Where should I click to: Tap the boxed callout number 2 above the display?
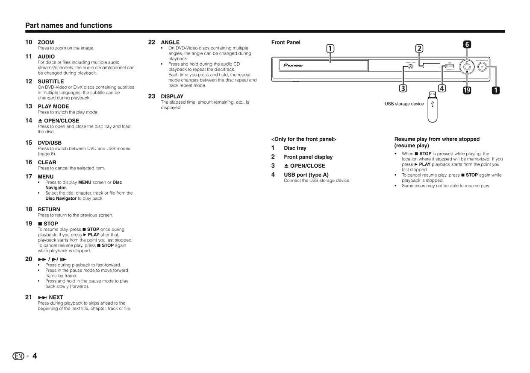tap(419, 49)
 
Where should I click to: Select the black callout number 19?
tap(467, 90)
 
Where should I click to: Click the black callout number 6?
tap(467, 44)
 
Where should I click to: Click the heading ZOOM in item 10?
tap(46, 42)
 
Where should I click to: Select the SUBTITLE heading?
tap(51, 81)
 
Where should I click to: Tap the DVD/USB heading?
tap(50, 143)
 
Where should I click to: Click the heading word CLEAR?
tap(47, 162)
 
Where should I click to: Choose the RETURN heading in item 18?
tap(49, 209)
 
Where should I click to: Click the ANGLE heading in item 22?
tap(170, 42)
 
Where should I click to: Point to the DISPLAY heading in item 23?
tap(172, 96)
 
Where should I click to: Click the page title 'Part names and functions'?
tap(68, 25)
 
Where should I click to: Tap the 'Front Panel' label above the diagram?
tap(286, 42)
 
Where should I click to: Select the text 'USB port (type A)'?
tap(306, 175)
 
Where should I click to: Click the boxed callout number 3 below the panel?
tap(403, 88)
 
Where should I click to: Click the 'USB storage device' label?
tap(404, 104)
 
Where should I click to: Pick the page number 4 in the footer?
tap(35, 356)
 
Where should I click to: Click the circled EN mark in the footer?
tap(18, 356)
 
